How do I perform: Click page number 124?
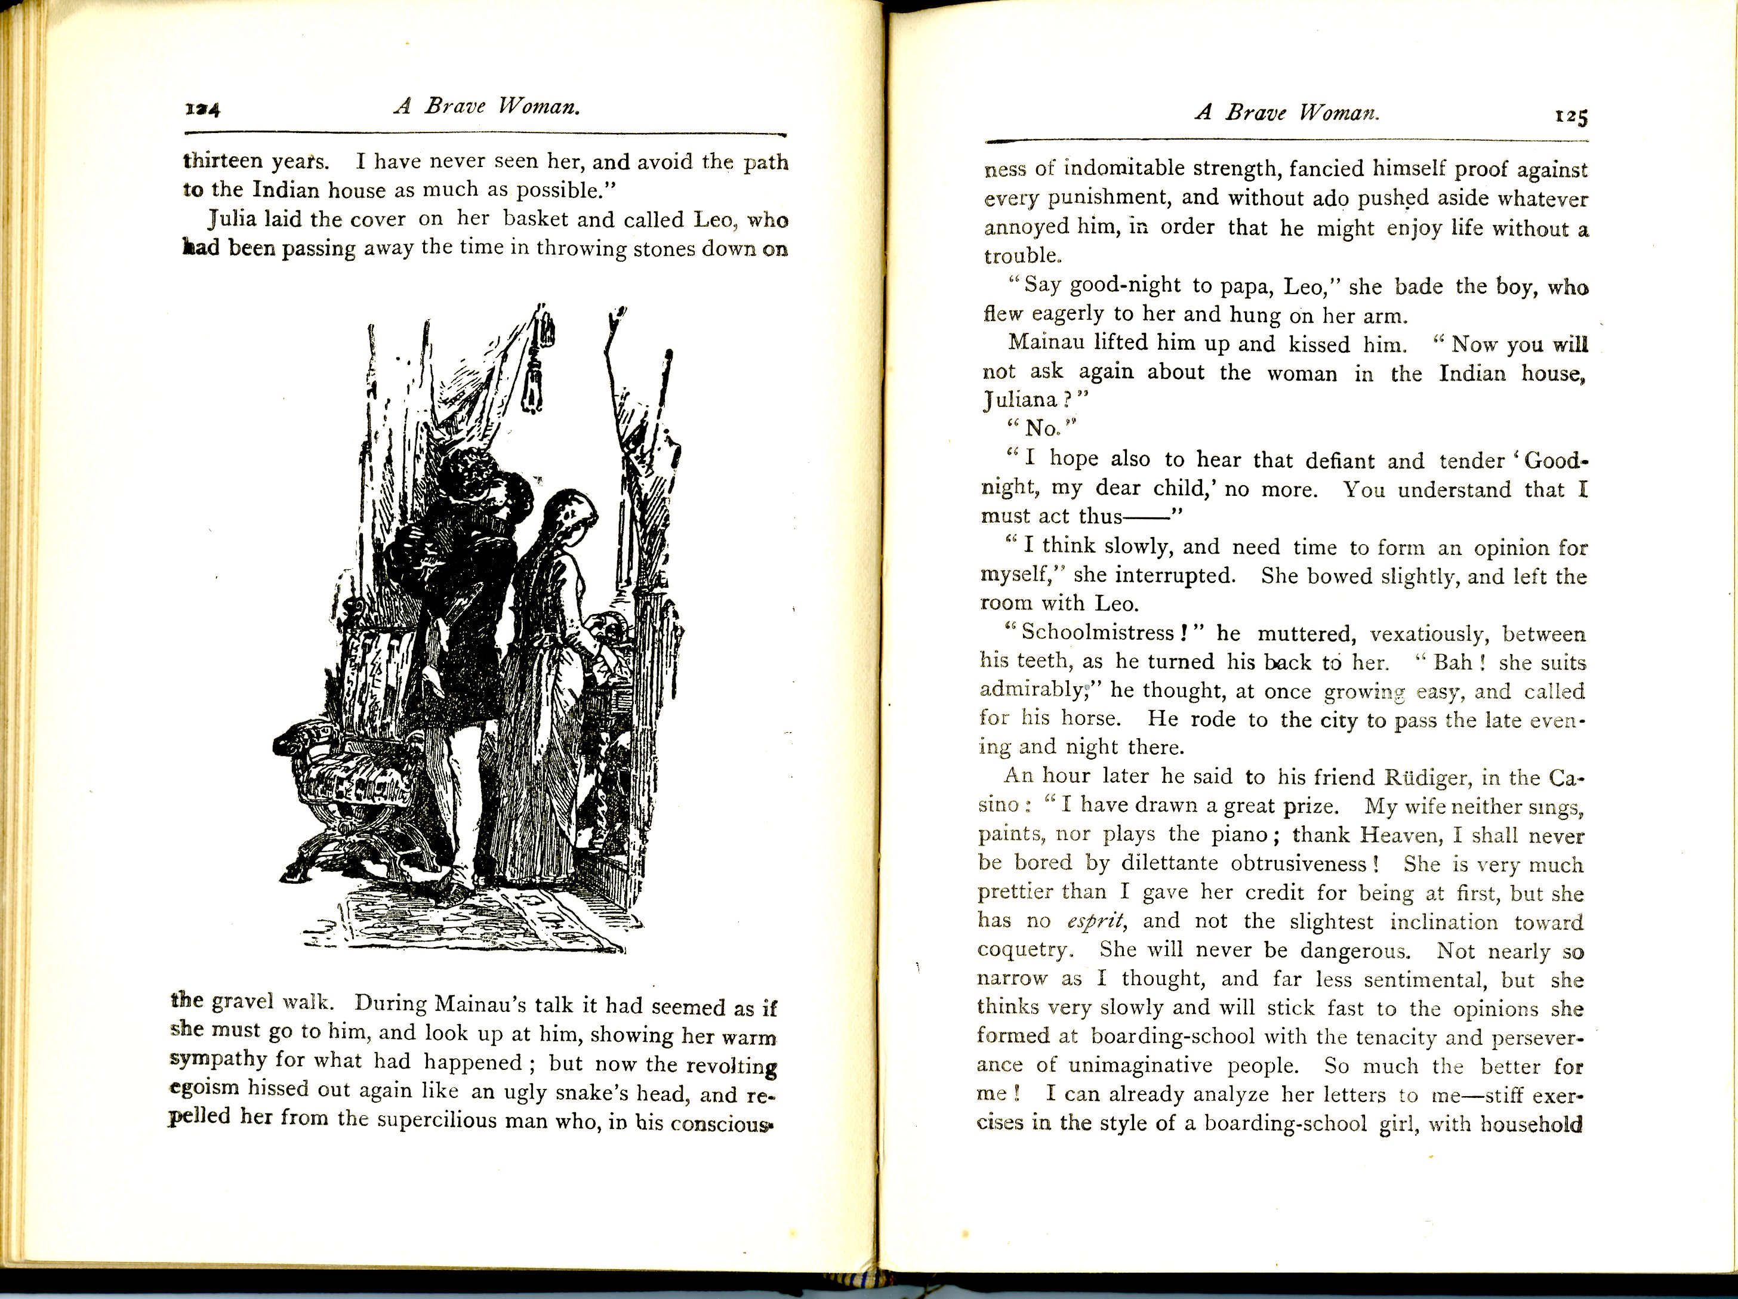pyautogui.click(x=203, y=109)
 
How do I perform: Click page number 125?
pyautogui.click(x=1571, y=116)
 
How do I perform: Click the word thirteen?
pyautogui.click(x=223, y=161)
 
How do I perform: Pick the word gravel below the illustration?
pyautogui.click(x=243, y=1002)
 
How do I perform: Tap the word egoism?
pyautogui.click(x=204, y=1088)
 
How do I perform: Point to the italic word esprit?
pyautogui.click(x=1095, y=922)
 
